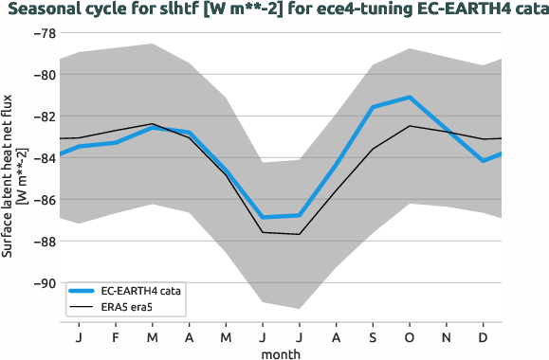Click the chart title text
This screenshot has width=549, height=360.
[274, 10]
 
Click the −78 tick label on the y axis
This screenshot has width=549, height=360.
[44, 33]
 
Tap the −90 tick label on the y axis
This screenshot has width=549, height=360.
[44, 283]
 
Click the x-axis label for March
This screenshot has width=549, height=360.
[153, 337]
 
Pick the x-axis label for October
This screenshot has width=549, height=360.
[410, 337]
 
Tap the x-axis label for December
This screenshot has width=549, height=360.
[484, 337]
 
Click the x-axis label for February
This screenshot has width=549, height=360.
[116, 337]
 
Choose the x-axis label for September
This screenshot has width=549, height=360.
[373, 337]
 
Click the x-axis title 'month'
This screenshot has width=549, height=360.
[282, 352]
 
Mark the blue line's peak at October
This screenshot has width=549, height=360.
[410, 97]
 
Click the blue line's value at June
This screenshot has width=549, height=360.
[263, 217]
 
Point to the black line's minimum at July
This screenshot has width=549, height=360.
[300, 234]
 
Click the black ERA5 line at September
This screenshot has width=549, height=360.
[373, 149]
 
